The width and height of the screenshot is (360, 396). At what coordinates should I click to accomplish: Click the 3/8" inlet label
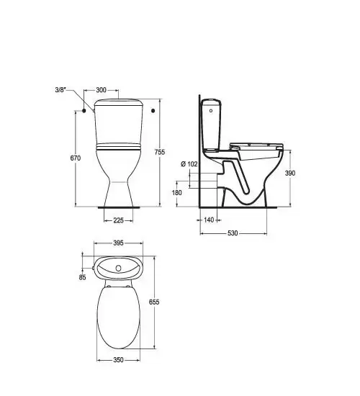60,90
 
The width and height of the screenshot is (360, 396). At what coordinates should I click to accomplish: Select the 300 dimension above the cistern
101,90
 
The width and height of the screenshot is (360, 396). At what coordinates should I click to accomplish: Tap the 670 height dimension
76,158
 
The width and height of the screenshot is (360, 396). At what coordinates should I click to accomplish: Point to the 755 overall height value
160,152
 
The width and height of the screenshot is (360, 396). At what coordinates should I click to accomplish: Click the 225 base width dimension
119,220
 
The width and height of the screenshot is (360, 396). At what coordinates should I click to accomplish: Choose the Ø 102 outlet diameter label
189,164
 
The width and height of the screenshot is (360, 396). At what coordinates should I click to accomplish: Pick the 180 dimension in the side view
177,193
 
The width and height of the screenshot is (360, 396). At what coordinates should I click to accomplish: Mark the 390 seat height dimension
290,173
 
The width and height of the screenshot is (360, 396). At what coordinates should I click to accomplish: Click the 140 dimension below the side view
209,220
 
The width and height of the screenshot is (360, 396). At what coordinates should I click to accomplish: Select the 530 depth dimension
233,233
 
